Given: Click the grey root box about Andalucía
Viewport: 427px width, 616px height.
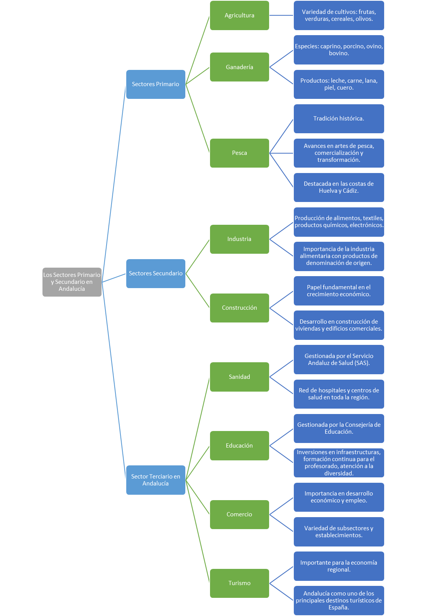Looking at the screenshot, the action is point(72,282).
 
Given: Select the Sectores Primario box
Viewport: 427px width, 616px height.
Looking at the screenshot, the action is point(156,84).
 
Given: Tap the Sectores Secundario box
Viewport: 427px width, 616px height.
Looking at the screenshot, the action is point(156,273).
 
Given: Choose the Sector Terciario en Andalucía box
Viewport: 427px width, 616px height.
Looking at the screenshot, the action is point(156,480).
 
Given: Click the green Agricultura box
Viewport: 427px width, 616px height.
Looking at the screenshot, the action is point(239,15).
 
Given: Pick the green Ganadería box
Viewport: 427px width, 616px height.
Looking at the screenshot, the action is point(239,67).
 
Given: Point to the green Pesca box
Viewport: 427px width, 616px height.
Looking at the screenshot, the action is point(239,153).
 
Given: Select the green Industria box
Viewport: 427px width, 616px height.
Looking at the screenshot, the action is point(239,239).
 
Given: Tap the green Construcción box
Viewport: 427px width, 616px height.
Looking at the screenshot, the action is point(239,308).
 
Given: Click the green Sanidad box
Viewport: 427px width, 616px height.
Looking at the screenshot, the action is point(239,377).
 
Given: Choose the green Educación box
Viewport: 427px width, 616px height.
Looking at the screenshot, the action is point(239,446).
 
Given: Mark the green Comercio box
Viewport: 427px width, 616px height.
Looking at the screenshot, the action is point(239,514).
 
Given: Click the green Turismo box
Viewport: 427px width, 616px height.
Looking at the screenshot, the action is point(239,583).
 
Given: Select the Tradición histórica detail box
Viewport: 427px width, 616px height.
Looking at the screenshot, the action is point(339,119).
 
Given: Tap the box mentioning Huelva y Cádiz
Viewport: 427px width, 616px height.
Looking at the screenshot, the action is point(339,187).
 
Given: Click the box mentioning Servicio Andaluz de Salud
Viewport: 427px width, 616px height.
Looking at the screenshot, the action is point(339,360).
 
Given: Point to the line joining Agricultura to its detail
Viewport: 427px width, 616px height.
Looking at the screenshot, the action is point(281,15).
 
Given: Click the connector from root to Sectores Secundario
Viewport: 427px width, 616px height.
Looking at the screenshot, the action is point(114,278).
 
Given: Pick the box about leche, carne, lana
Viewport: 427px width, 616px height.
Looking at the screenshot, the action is point(339,84).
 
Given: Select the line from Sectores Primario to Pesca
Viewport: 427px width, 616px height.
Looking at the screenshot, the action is point(197,118).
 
